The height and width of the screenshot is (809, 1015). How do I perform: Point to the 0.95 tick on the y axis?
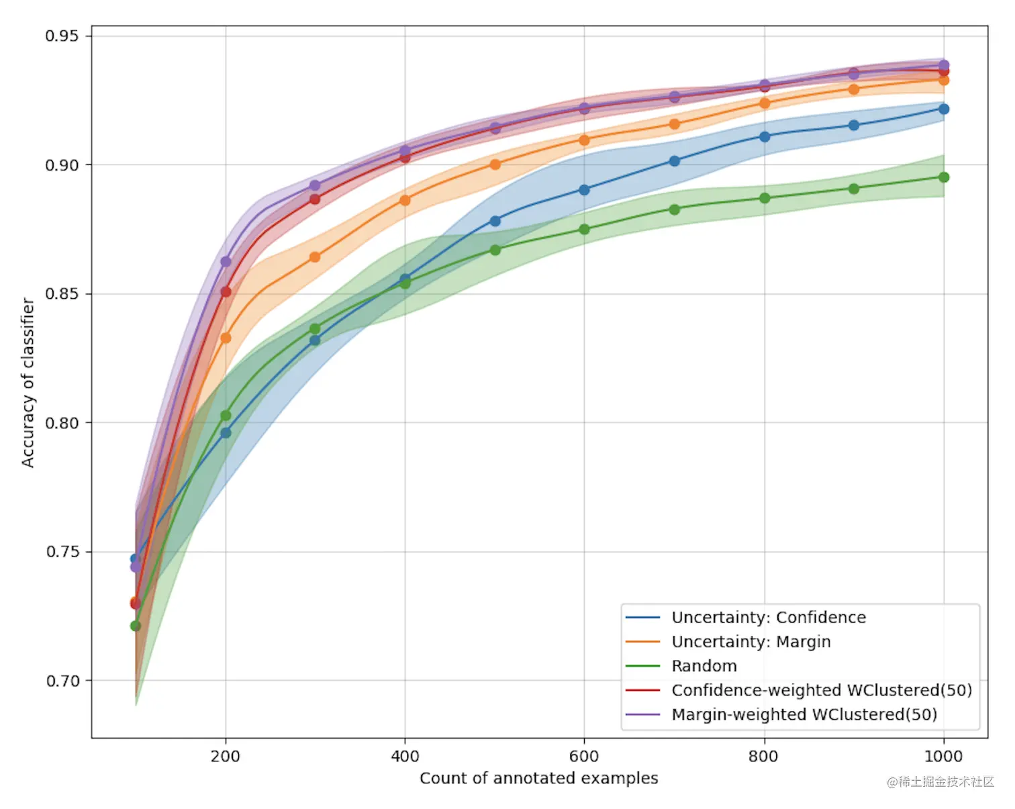click(62, 36)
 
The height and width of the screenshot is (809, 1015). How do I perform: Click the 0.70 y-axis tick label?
click(62, 681)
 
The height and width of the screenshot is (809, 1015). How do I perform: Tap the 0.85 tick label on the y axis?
click(62, 294)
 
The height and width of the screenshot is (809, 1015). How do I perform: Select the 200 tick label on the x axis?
click(225, 757)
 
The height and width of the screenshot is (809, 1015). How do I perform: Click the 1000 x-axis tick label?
click(943, 757)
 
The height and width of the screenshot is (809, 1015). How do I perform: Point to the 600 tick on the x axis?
click(583, 757)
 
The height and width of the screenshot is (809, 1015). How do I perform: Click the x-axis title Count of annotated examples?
click(538, 778)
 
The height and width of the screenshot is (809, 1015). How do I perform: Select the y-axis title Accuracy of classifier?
click(28, 383)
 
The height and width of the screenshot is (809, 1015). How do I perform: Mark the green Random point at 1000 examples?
click(943, 177)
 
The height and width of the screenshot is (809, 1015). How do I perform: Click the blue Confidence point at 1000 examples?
click(943, 109)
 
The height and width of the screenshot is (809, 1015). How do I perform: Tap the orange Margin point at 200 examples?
click(226, 338)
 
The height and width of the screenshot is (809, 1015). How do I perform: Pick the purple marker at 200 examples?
click(226, 262)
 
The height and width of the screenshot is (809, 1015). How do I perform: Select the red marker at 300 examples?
click(315, 199)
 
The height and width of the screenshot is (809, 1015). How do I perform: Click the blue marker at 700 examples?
click(675, 161)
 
